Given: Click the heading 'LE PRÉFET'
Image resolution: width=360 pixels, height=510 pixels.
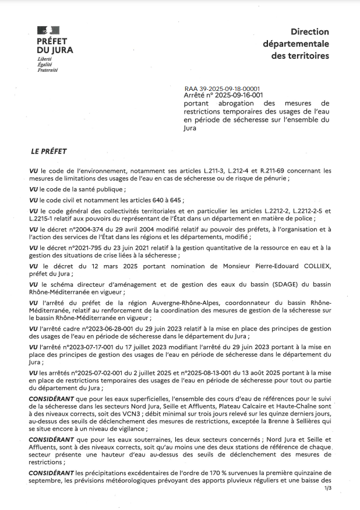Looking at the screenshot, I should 49,152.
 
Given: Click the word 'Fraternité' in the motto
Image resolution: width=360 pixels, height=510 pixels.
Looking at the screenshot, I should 48,70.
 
